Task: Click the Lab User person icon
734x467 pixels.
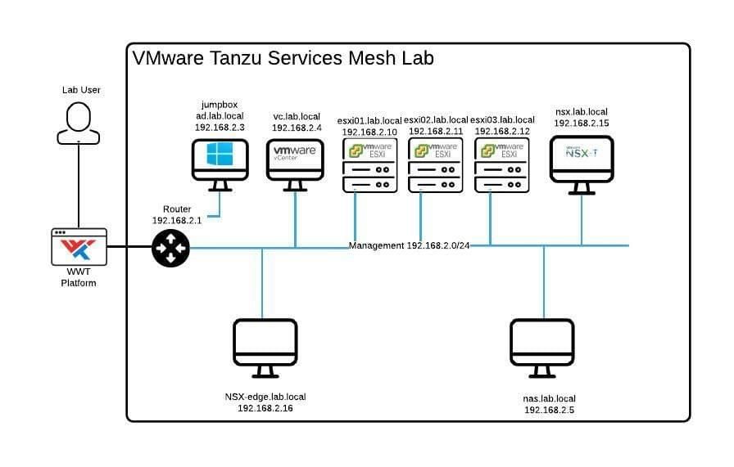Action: pyautogui.click(x=78, y=123)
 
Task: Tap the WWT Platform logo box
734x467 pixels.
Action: pyautogui.click(x=79, y=247)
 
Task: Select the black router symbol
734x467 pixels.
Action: pyautogui.click(x=171, y=249)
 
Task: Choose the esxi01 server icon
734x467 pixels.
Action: pyautogui.click(x=369, y=165)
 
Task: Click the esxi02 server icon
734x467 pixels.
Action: pyautogui.click(x=435, y=165)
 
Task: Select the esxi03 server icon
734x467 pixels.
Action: pyautogui.click(x=502, y=165)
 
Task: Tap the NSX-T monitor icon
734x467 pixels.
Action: pyautogui.click(x=582, y=165)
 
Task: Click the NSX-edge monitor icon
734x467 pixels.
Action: pyautogui.click(x=265, y=348)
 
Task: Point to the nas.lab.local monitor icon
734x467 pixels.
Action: pyautogui.click(x=542, y=348)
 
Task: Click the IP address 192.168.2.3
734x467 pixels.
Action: pyautogui.click(x=220, y=127)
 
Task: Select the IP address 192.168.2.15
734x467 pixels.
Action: pyautogui.click(x=582, y=123)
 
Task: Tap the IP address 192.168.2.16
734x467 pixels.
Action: pyautogui.click(x=265, y=408)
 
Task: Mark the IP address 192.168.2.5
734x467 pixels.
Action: pyautogui.click(x=549, y=410)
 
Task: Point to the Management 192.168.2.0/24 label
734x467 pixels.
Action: pyautogui.click(x=409, y=245)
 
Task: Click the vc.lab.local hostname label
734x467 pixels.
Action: pyautogui.click(x=297, y=116)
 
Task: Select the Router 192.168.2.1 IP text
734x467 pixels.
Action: pyautogui.click(x=177, y=220)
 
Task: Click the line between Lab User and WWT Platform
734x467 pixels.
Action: pyautogui.click(x=79, y=186)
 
